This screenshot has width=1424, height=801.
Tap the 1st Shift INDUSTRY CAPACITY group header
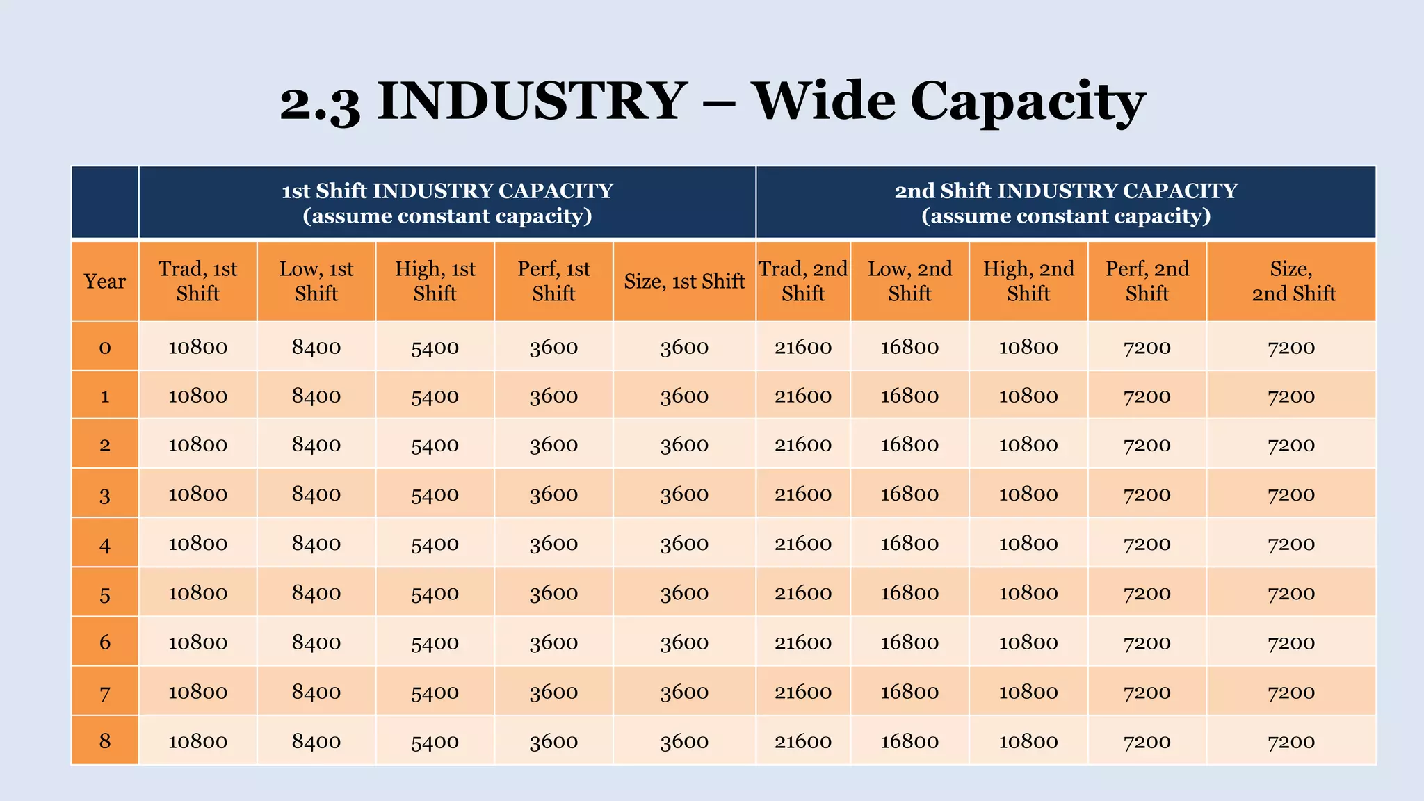click(447, 202)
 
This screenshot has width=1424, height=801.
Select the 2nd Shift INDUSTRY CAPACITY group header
click(1065, 202)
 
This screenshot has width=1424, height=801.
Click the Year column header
click(105, 281)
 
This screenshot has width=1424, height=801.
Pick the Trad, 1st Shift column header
click(197, 281)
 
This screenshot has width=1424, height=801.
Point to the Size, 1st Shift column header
click(684, 281)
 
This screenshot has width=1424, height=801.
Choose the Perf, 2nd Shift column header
click(1147, 281)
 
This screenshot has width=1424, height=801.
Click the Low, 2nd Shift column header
click(909, 281)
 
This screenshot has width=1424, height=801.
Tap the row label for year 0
click(105, 347)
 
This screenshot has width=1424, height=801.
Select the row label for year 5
click(105, 594)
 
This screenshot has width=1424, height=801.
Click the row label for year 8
click(105, 741)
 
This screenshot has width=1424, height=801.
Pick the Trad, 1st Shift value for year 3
click(197, 494)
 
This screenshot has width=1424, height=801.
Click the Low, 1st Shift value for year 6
click(316, 642)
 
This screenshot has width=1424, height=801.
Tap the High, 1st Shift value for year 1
click(435, 396)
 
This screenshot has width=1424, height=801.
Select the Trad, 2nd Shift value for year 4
click(803, 544)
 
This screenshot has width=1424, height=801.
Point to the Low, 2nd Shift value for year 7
click(909, 692)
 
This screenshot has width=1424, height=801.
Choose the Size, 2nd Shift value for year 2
click(1291, 445)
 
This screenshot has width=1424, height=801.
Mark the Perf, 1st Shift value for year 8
click(553, 741)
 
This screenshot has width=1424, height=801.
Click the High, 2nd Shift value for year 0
click(1028, 347)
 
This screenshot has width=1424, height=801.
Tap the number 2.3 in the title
click(321, 102)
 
